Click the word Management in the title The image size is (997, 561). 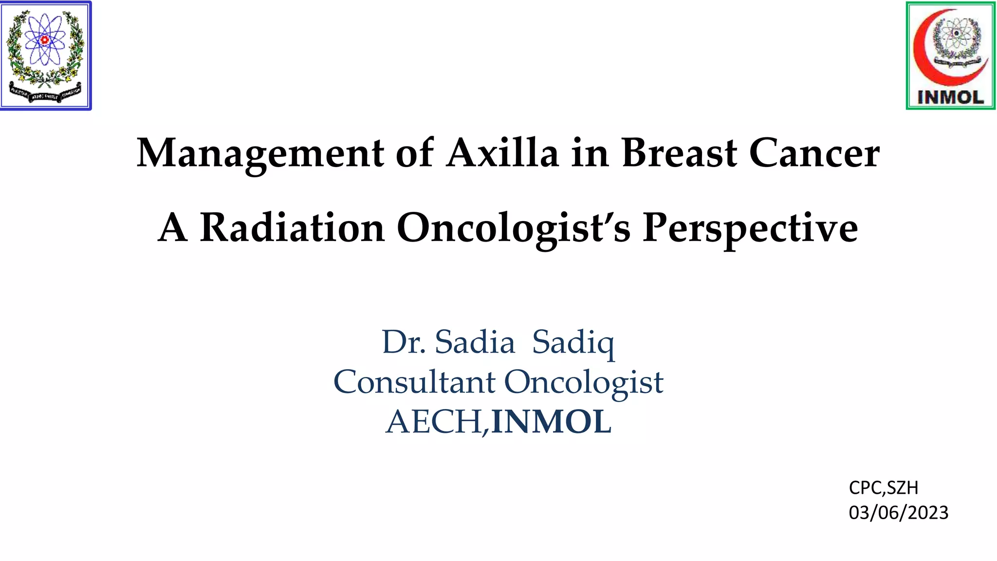(x=260, y=153)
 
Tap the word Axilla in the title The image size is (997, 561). (x=502, y=153)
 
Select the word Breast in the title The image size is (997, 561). (x=680, y=153)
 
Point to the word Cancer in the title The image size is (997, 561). (x=814, y=153)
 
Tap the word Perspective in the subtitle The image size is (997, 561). (x=750, y=228)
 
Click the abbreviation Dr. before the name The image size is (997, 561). (x=404, y=342)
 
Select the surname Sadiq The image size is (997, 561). (x=573, y=343)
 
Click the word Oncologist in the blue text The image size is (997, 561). (x=584, y=383)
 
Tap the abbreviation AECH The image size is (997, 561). (x=436, y=422)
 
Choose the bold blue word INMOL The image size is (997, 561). (x=551, y=422)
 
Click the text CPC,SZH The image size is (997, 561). (x=884, y=487)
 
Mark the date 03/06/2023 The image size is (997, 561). (x=899, y=513)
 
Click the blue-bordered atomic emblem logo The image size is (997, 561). (x=45, y=56)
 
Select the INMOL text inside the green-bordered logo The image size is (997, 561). (x=950, y=97)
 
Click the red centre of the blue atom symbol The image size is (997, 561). (x=45, y=39)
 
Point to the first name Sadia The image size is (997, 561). (x=475, y=342)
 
